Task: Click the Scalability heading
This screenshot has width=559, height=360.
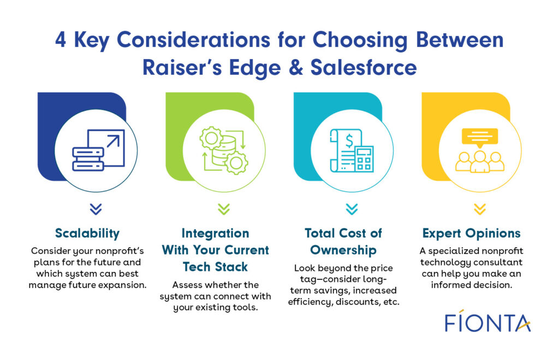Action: click(x=87, y=233)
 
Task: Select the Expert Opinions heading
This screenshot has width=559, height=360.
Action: click(x=472, y=233)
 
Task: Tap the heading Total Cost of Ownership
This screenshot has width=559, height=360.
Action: click(x=343, y=241)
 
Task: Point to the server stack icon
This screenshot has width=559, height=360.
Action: click(x=87, y=158)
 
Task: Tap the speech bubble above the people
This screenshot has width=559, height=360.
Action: click(x=480, y=136)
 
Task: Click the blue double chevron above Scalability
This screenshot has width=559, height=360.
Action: click(x=96, y=209)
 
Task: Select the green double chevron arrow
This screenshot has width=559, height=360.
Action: click(x=224, y=209)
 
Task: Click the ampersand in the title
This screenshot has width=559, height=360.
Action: click(x=295, y=67)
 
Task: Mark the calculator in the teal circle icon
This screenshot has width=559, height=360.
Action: click(x=363, y=159)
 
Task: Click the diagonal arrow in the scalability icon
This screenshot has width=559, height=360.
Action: click(x=112, y=142)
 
